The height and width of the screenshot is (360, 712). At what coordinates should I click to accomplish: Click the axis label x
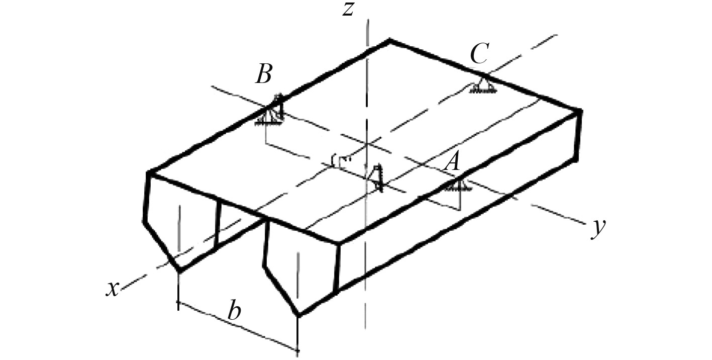pos(112,288)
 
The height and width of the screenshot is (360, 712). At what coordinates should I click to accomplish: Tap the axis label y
pos(597,229)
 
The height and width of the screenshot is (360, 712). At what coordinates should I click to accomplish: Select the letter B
pos(263,74)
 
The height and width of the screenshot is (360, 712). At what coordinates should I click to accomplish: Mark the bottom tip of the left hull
pos(179,271)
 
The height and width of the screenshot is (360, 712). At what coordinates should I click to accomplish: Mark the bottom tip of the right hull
pos(299,316)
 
